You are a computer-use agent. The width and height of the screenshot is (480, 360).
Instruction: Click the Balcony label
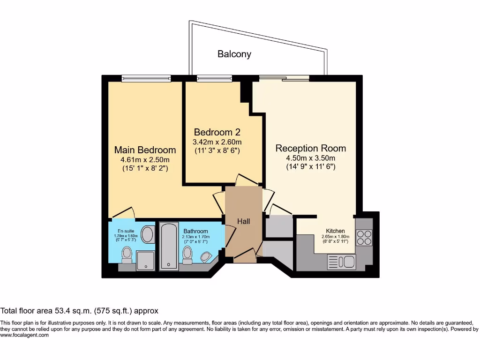[x=234, y=54]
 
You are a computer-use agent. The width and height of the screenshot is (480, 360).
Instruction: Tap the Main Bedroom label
[x=145, y=150]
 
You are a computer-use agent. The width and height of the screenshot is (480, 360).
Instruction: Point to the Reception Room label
[x=311, y=148]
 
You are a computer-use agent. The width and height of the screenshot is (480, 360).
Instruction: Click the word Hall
[x=243, y=221]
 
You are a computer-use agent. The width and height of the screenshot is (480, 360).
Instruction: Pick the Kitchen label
[x=336, y=231]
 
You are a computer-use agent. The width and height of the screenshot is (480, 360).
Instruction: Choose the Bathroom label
[x=195, y=231]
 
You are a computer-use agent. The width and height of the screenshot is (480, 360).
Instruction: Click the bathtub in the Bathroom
[x=169, y=247]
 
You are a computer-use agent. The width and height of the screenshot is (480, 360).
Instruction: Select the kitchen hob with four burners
[x=364, y=237]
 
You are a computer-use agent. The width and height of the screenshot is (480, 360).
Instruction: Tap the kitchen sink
[x=342, y=262]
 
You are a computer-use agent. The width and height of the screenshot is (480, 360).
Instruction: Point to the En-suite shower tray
[x=146, y=260]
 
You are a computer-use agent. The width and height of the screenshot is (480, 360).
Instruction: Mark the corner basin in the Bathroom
[x=205, y=256]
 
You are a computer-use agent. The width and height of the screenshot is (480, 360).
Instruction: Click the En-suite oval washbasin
[x=148, y=234]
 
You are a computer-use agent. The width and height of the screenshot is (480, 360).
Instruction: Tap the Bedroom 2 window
[x=214, y=78]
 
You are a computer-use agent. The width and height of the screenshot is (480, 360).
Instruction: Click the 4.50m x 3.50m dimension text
[x=311, y=158]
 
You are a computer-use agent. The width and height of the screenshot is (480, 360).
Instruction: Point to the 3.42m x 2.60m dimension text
[x=217, y=142]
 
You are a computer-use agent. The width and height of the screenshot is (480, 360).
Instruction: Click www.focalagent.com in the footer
[x=24, y=335]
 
